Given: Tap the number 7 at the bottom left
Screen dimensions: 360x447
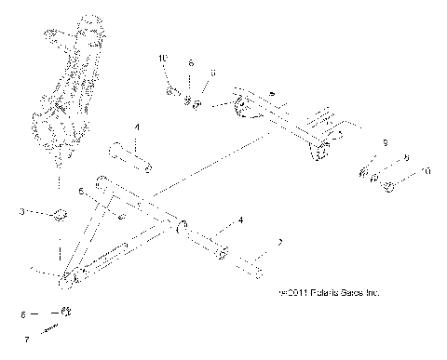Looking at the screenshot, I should point(26,340).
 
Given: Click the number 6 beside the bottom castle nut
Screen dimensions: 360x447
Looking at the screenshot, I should point(26,314).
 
